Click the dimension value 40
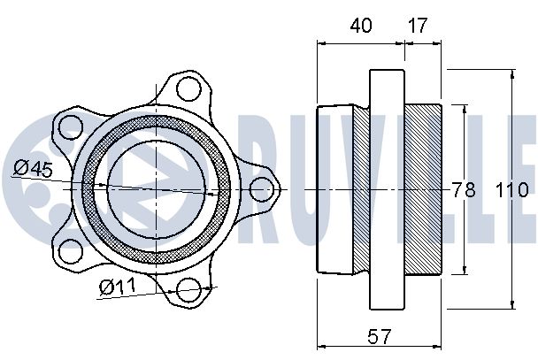[361, 26]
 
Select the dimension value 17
[418, 26]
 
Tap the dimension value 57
[379, 336]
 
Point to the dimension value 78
[464, 189]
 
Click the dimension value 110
[511, 189]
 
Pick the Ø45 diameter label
[33, 168]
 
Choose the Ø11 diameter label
[118, 287]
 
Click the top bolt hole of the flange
[188, 88]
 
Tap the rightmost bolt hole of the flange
[261, 189]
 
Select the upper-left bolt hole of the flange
[71, 127]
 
